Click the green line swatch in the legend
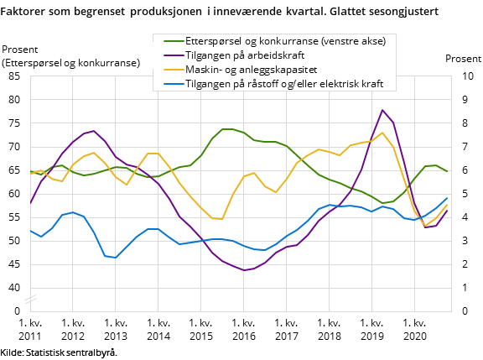coord(171,41)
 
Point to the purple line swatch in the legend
coord(171,55)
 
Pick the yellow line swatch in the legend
coord(171,69)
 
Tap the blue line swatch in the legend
coord(171,83)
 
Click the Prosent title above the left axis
coord(21,50)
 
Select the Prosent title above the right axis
coord(463,59)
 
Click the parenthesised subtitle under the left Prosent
coord(71,63)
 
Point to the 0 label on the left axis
coord(16,311)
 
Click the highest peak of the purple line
coord(382,110)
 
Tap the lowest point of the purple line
coord(243,270)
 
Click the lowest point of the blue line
coord(116,258)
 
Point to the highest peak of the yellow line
coord(382,133)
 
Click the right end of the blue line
coord(447,198)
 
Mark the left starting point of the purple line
coord(30,204)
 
